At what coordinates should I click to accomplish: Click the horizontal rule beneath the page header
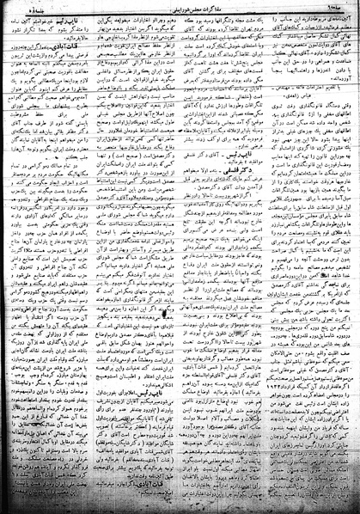[180, 14]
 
